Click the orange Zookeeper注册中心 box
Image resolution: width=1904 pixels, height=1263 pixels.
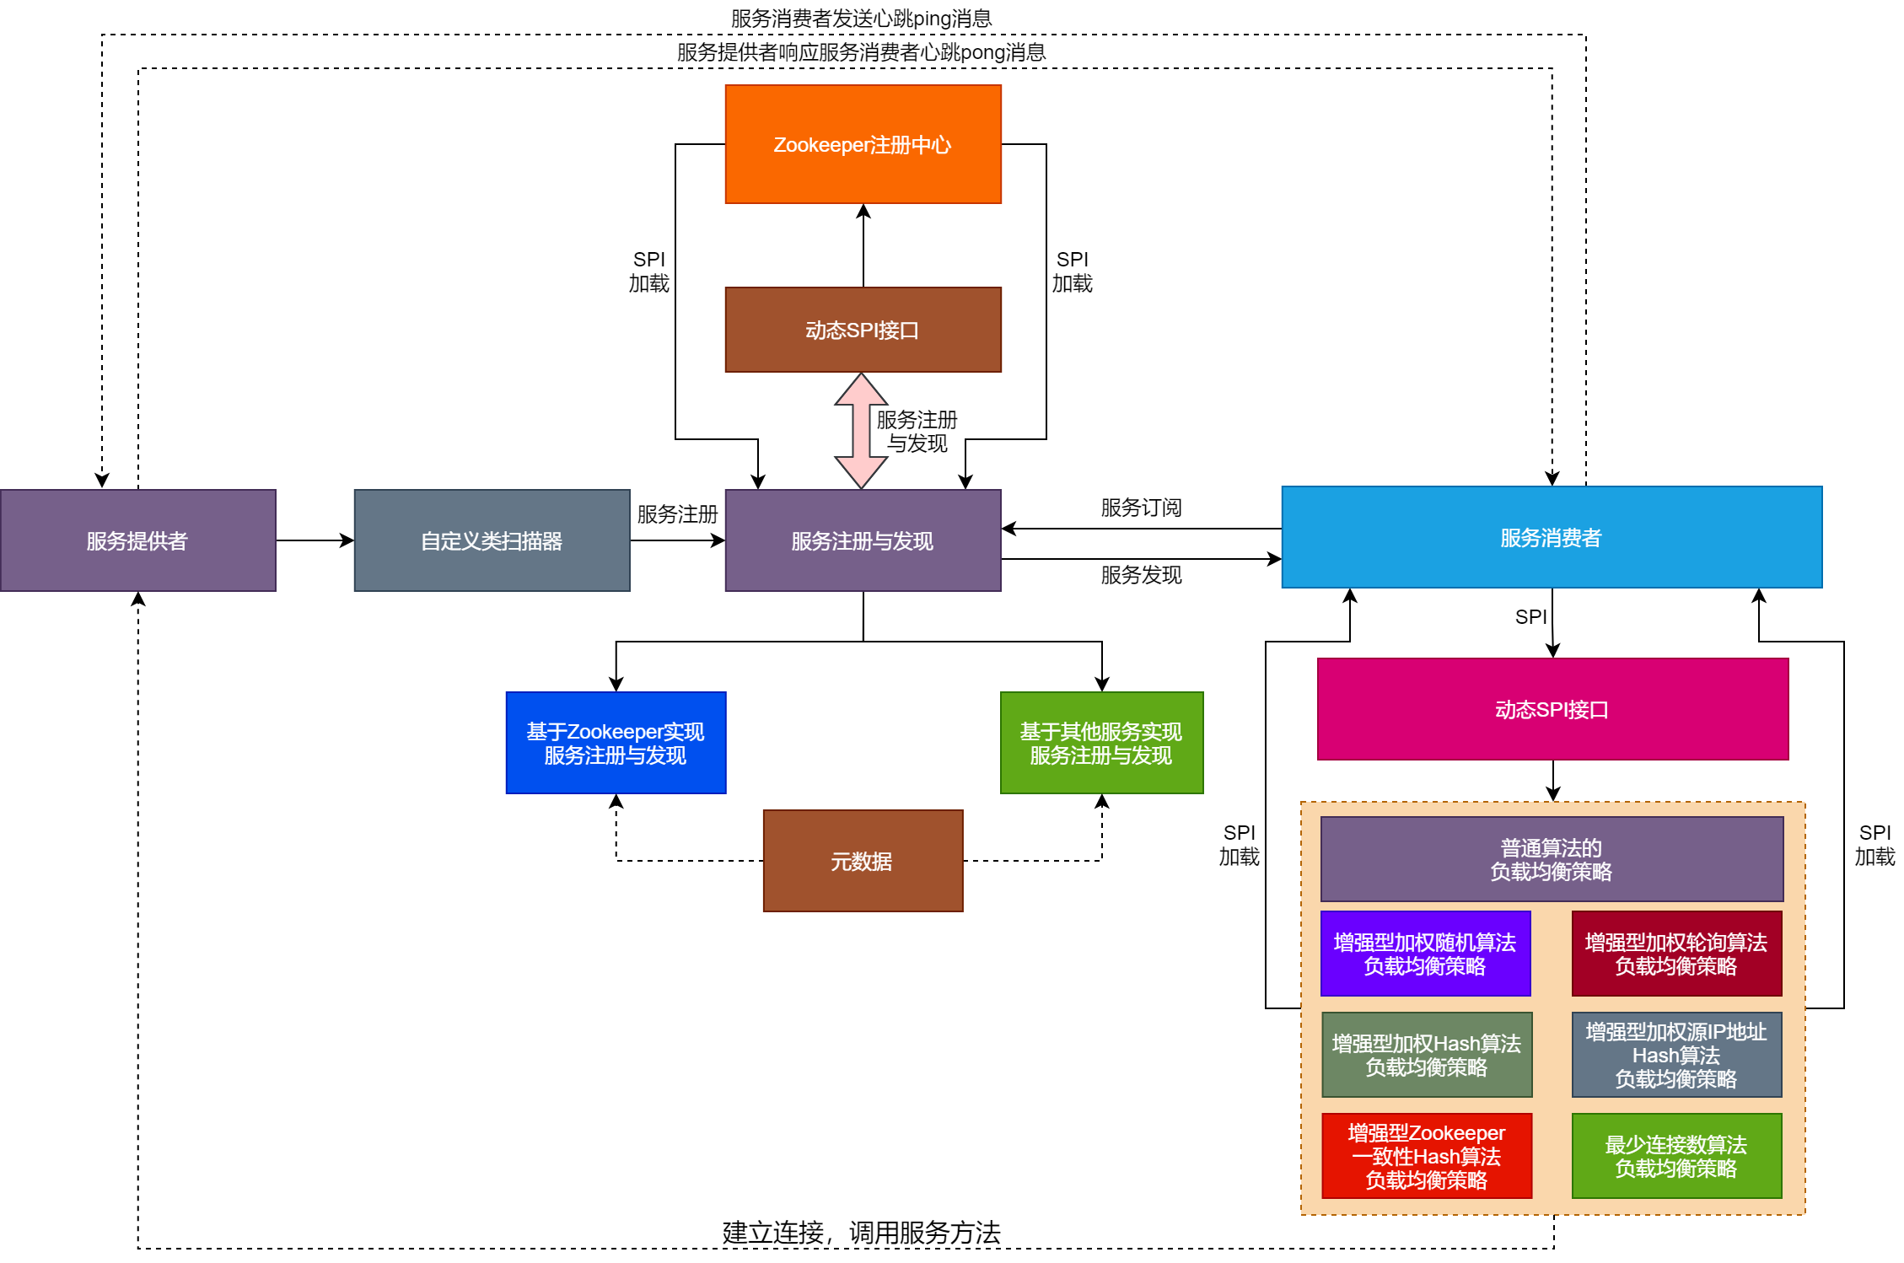863,144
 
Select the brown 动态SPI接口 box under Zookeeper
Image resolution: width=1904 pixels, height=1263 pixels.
863,330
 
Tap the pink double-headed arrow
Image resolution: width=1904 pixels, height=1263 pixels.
861,431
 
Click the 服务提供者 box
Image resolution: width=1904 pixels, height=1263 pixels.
137,540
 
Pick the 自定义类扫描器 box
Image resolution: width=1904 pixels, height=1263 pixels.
492,540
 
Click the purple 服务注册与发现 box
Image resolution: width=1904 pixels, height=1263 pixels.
863,540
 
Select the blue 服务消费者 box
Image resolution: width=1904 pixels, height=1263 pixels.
1552,537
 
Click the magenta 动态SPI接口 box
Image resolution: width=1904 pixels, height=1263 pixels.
1552,709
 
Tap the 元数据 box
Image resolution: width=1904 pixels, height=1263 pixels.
863,861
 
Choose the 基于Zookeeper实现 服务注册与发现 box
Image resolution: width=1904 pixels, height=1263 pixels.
616,743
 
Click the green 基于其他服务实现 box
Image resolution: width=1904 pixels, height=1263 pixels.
1101,743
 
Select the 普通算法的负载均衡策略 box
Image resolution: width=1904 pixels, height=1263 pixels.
1552,859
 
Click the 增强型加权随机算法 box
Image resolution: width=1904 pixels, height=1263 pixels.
1425,954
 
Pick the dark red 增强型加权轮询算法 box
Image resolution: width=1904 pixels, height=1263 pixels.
1676,954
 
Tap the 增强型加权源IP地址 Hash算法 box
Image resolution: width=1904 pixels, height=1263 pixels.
1676,1055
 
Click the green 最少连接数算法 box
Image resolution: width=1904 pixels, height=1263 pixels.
1676,1156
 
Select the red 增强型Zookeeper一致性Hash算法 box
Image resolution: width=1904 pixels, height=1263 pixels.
1427,1156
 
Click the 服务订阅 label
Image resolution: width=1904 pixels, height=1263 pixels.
1141,508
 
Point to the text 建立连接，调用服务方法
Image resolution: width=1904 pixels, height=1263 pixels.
861,1233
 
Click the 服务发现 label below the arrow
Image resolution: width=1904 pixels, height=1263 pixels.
1141,575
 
